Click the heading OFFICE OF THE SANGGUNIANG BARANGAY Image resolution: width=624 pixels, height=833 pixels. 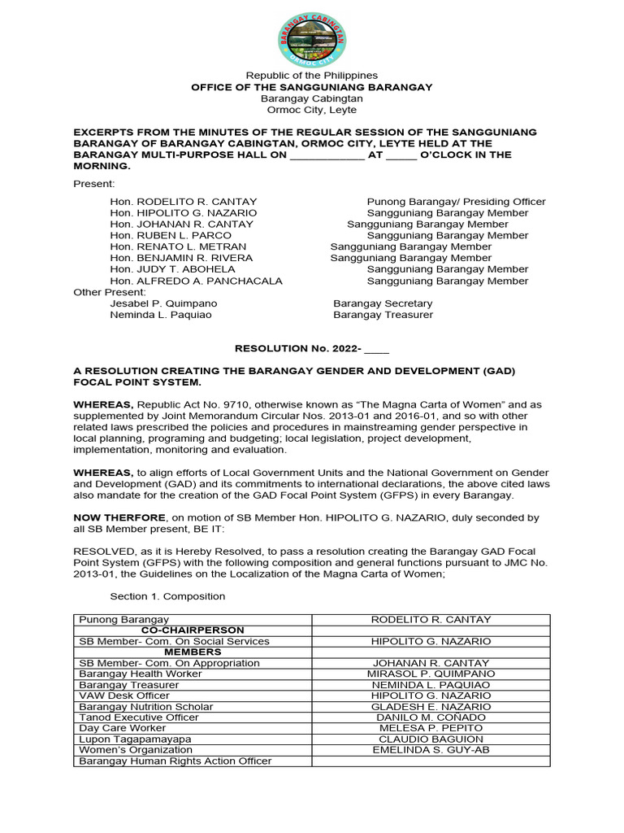coord(311,87)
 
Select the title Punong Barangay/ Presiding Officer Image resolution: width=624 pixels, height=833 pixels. coord(456,201)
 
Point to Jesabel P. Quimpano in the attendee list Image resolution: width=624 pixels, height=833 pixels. coord(163,303)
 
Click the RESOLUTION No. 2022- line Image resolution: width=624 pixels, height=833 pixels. coord(311,348)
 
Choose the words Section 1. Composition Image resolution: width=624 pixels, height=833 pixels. coord(167,596)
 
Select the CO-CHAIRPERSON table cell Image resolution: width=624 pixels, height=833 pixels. coord(193,630)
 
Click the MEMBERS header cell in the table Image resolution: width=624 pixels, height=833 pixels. coord(193,652)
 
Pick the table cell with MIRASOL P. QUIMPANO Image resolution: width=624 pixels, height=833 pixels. coord(431,674)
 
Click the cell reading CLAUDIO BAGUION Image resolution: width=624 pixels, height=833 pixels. coord(431,739)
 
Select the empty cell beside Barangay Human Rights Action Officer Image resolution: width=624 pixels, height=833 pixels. coord(431,761)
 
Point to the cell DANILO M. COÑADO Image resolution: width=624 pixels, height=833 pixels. coord(431,717)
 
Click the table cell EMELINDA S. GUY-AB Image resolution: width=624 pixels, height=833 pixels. coord(431,750)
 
